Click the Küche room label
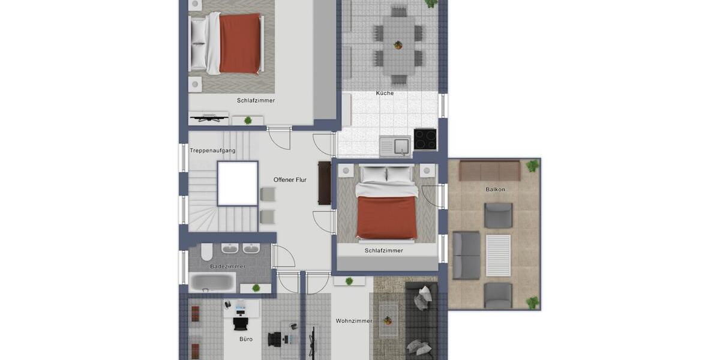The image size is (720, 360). click(385, 93)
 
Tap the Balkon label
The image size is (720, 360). click(496, 190)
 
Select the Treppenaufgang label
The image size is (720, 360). click(212, 151)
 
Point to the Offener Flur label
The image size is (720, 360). click(290, 180)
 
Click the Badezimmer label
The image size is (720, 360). click(227, 266)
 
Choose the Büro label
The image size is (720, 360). click(246, 339)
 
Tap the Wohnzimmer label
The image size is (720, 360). click(354, 321)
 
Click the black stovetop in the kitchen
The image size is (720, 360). click(425, 139)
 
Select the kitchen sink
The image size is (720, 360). click(394, 146)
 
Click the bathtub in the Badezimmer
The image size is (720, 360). click(212, 282)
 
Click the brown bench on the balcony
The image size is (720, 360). click(490, 170)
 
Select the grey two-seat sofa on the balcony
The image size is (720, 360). click(466, 256)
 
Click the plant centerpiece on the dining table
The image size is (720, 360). click(398, 44)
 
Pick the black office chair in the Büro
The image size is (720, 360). click(241, 323)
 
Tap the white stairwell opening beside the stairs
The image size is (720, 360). click(238, 183)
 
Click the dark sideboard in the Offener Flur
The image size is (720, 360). click(325, 183)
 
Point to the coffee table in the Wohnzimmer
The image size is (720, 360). click(388, 319)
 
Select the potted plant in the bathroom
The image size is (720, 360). click(256, 288)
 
